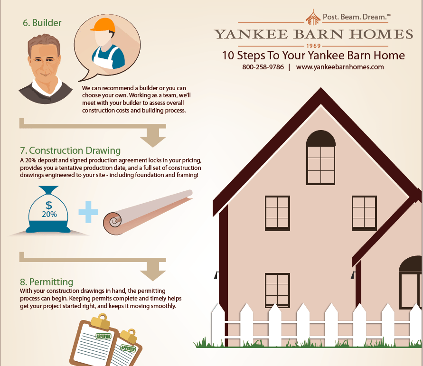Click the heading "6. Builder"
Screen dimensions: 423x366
click(42, 23)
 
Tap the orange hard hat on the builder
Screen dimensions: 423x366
click(103, 25)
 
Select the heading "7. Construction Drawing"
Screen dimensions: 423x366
click(70, 150)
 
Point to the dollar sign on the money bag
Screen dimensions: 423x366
click(49, 205)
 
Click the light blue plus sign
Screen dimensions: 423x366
click(88, 212)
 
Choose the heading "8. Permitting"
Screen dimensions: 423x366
click(47, 282)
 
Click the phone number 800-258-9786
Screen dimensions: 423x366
click(263, 67)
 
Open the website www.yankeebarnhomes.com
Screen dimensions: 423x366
click(339, 67)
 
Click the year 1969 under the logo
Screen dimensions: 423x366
click(313, 46)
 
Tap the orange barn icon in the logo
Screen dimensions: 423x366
click(313, 17)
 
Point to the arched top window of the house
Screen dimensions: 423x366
click(321, 158)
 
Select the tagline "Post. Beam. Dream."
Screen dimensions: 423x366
click(357, 17)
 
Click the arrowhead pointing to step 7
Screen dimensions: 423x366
click(153, 140)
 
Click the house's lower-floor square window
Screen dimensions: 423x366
click(277, 291)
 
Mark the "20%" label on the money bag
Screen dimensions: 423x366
click(49, 215)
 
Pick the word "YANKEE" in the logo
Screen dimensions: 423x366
click(251, 34)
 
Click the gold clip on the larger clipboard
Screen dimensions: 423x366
click(100, 321)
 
